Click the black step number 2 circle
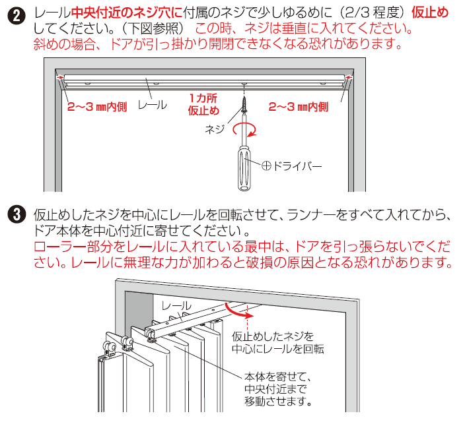(x=17, y=16)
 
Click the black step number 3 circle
(x=17, y=214)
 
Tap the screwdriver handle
(x=244, y=169)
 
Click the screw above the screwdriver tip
(x=244, y=104)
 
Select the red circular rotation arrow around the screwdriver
(x=244, y=130)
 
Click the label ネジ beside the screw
(x=215, y=129)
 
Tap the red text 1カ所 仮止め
(x=203, y=104)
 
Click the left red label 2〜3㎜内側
(x=97, y=107)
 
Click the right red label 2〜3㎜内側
(x=299, y=107)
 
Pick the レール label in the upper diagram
(x=153, y=105)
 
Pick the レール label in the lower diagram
(x=176, y=306)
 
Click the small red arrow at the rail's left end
(x=60, y=78)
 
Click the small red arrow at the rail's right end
(x=349, y=78)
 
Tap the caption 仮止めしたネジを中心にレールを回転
(x=278, y=343)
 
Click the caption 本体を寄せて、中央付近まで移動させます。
(x=278, y=389)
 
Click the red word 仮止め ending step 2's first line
(x=430, y=13)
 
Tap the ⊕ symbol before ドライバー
(x=266, y=166)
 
